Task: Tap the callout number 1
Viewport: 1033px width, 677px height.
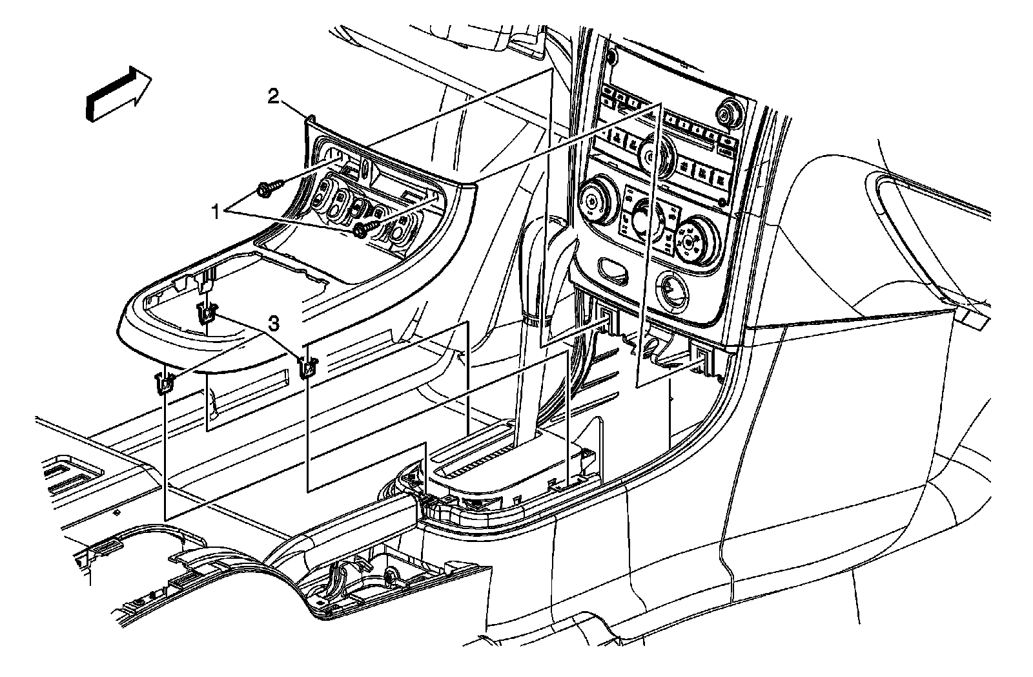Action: pyautogui.click(x=218, y=210)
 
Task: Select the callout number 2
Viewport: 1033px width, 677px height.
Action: pyautogui.click(x=274, y=98)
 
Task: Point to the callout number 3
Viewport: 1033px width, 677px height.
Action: pyautogui.click(x=274, y=324)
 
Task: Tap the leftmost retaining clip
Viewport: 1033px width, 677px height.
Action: pyautogui.click(x=165, y=384)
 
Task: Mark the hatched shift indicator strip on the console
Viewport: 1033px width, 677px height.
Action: pyautogui.click(x=478, y=458)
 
